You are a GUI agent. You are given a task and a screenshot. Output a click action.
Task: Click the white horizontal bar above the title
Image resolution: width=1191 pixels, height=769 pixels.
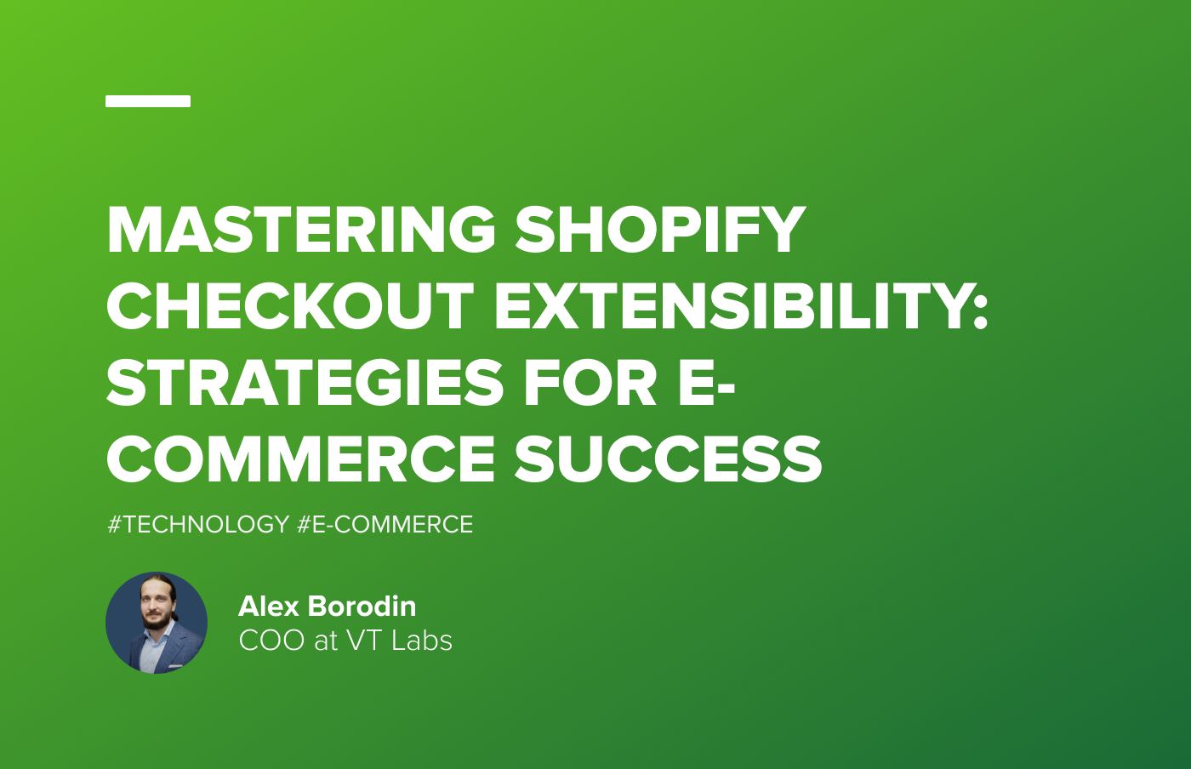click(x=148, y=101)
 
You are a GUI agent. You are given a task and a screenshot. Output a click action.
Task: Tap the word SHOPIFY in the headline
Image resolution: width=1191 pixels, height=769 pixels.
click(x=660, y=230)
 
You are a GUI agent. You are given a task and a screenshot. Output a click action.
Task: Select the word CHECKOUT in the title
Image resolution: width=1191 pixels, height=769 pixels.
click(x=289, y=306)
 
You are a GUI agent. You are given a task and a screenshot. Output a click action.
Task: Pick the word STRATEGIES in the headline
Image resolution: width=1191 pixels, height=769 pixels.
click(x=305, y=383)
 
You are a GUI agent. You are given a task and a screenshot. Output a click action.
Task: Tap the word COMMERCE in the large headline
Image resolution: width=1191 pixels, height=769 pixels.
click(x=300, y=459)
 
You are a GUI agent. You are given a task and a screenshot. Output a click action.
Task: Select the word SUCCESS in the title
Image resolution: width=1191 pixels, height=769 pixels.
click(x=668, y=459)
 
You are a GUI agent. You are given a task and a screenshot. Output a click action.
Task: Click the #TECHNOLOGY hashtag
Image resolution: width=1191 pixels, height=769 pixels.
click(x=198, y=524)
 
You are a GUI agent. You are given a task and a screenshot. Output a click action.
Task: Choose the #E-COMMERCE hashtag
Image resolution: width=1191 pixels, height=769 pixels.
click(x=385, y=524)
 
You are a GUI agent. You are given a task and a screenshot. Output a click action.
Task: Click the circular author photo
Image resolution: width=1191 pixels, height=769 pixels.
click(x=157, y=623)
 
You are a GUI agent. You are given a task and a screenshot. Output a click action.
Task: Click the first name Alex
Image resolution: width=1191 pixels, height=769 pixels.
click(x=269, y=607)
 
